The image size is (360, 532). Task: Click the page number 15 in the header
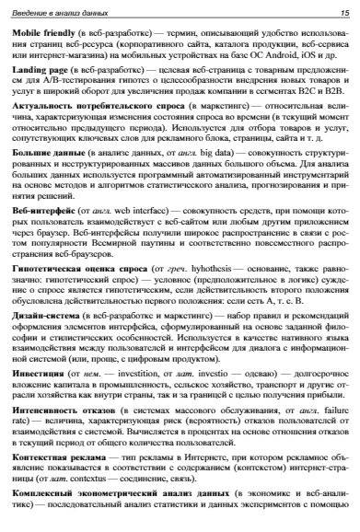point(343,12)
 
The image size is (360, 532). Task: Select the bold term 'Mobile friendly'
point(46,32)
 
